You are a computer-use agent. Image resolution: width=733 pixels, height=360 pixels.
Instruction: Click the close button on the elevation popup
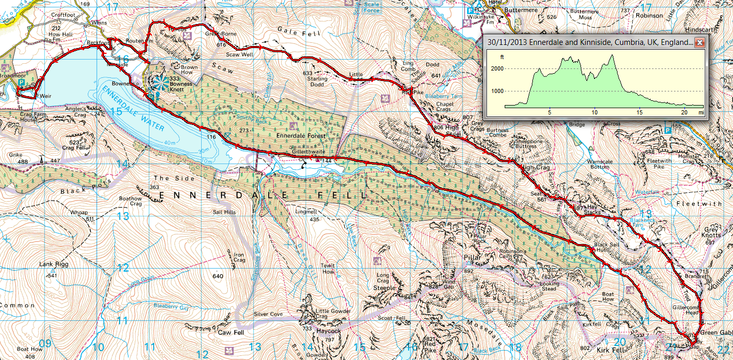700,43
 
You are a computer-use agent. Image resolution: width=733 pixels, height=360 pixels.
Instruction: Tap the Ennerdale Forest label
301,136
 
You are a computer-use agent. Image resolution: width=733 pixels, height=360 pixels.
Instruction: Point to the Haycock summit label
329,331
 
